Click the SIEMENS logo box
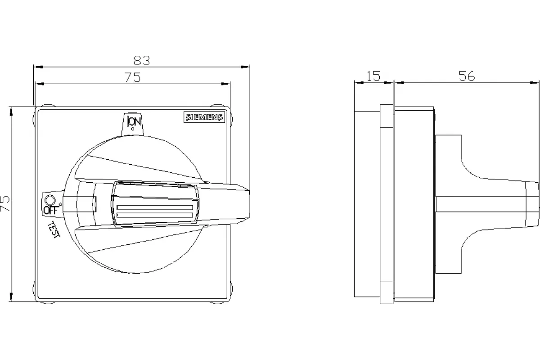pos(204,117)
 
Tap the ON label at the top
pos(134,121)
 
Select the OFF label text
pos(51,211)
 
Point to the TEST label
pos(54,230)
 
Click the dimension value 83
pos(142,60)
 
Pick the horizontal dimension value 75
pos(133,77)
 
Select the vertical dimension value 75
pos(5,204)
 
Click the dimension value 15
pos(373,76)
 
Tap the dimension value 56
pos(467,76)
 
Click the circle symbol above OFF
pos(50,200)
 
